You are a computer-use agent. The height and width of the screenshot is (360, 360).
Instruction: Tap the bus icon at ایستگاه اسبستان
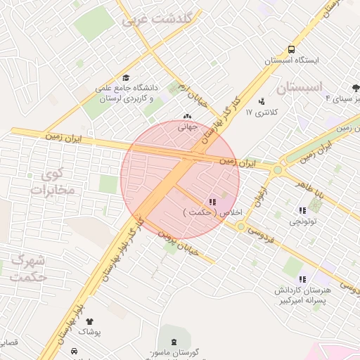point(291,50)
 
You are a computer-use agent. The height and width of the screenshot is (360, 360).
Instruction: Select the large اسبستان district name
point(299,88)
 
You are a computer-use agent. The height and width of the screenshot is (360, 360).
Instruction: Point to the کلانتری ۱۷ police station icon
point(262,101)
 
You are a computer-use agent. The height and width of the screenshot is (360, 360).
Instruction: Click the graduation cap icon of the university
point(126,78)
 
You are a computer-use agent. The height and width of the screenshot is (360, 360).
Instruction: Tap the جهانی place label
point(187,127)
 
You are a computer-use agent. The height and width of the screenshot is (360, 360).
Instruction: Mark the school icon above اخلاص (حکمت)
point(213,202)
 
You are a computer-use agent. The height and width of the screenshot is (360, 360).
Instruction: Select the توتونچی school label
point(304,221)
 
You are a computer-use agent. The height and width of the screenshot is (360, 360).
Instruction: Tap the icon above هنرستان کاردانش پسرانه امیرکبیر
point(303,279)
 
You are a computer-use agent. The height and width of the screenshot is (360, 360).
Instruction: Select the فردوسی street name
point(265,233)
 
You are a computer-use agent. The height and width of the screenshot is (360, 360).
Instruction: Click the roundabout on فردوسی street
point(241,226)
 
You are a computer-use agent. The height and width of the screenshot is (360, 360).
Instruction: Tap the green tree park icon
point(356,88)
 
